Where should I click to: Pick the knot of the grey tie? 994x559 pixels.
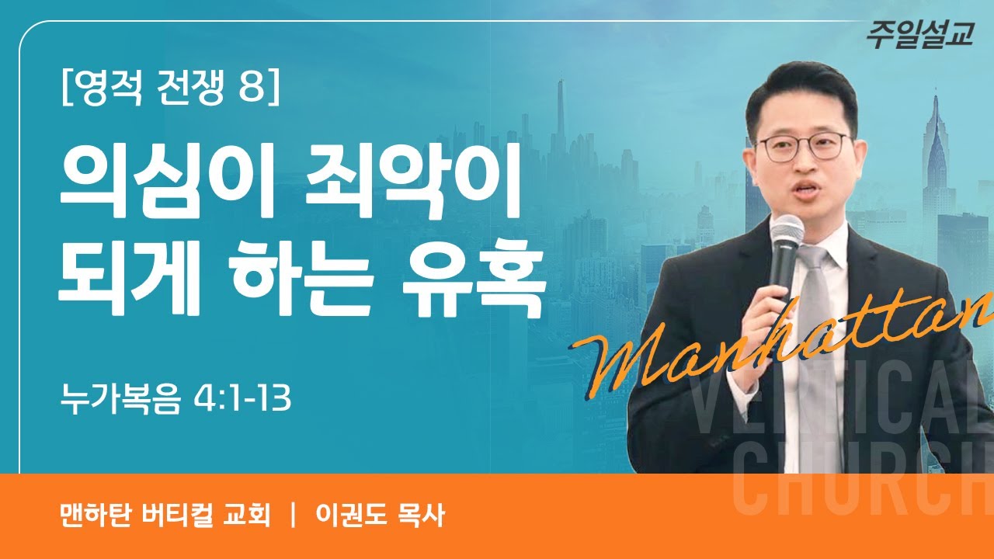click(x=812, y=259)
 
